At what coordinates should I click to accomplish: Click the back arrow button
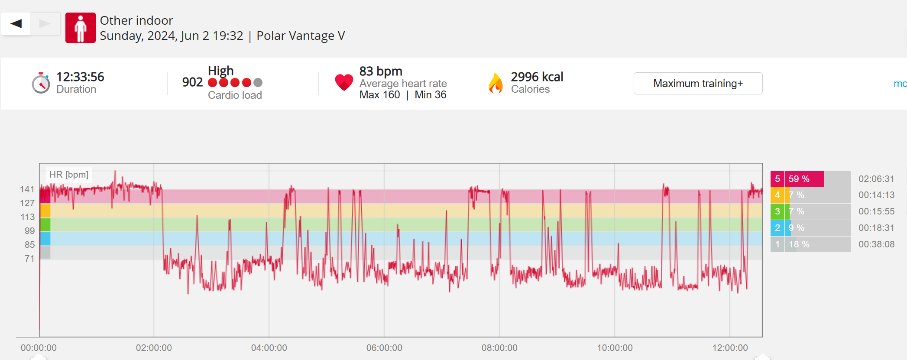pyautogui.click(x=16, y=23)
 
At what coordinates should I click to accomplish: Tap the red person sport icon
pyautogui.click(x=81, y=28)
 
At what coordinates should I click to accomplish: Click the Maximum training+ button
pyautogui.click(x=698, y=83)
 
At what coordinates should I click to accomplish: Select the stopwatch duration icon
pyautogui.click(x=41, y=83)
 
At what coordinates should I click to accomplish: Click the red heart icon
pyautogui.click(x=344, y=82)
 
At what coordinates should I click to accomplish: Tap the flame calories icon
pyautogui.click(x=496, y=83)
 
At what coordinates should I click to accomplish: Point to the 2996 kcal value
pyautogui.click(x=537, y=77)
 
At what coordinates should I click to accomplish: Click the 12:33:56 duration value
pyautogui.click(x=80, y=77)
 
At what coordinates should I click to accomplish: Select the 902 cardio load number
pyautogui.click(x=192, y=82)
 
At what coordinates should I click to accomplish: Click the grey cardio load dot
pyautogui.click(x=258, y=82)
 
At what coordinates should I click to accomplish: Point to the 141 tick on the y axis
pyautogui.click(x=27, y=189)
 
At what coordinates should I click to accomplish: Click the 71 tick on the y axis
pyautogui.click(x=29, y=259)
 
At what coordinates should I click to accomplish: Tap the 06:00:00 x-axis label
pyautogui.click(x=384, y=348)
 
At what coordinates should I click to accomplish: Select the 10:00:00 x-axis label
pyautogui.click(x=615, y=348)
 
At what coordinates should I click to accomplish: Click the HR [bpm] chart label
pyautogui.click(x=69, y=175)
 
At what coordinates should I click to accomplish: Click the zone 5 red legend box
pyautogui.click(x=777, y=179)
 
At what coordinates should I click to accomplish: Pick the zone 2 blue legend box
pyautogui.click(x=777, y=228)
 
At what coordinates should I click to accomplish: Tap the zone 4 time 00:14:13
pyautogui.click(x=876, y=195)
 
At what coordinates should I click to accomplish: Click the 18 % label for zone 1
pyautogui.click(x=799, y=244)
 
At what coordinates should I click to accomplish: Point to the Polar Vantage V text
pyautogui.click(x=301, y=36)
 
